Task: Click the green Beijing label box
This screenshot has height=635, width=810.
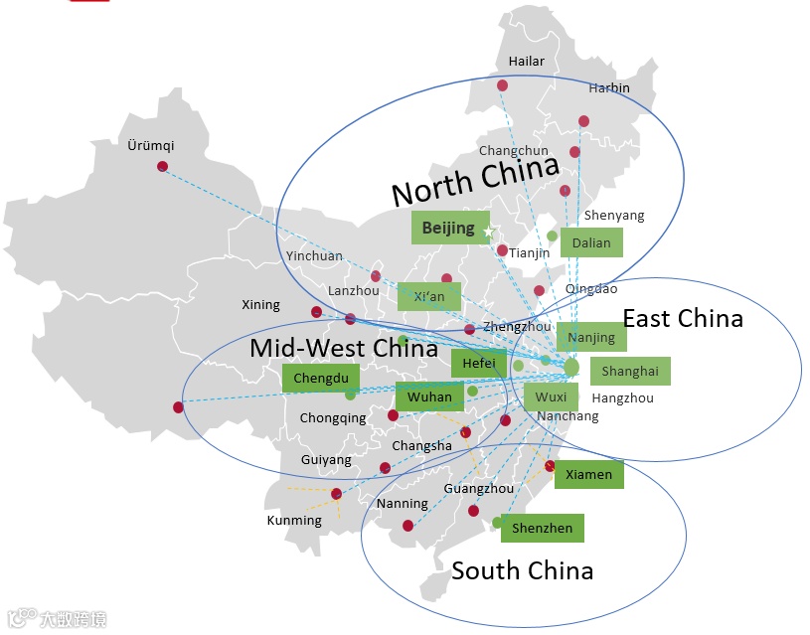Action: (x=449, y=228)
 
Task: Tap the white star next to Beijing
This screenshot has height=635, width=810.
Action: (x=488, y=232)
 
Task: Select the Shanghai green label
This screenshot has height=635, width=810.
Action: (x=630, y=371)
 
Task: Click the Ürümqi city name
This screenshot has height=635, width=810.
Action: (x=151, y=146)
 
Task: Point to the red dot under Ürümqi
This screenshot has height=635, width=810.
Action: (x=162, y=166)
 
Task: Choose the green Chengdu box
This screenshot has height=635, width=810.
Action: (x=321, y=378)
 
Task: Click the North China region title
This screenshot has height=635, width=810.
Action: (x=475, y=178)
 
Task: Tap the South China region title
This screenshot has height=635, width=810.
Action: (x=522, y=570)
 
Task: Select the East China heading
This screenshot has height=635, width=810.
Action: (x=682, y=318)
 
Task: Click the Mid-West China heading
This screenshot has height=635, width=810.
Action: (x=343, y=348)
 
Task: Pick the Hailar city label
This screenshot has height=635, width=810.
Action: (x=527, y=62)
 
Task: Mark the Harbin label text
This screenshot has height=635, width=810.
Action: (x=609, y=87)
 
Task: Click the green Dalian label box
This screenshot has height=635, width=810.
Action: (x=592, y=242)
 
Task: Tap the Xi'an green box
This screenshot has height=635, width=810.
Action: (x=429, y=296)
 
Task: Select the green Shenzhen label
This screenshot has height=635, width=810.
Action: (x=542, y=528)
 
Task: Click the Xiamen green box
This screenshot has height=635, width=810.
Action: (x=589, y=474)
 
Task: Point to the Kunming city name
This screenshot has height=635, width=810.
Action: (x=294, y=520)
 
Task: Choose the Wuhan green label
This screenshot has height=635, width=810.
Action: (x=429, y=397)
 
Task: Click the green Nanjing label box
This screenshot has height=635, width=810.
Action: (x=591, y=337)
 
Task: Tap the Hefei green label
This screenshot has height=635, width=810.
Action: (x=479, y=364)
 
